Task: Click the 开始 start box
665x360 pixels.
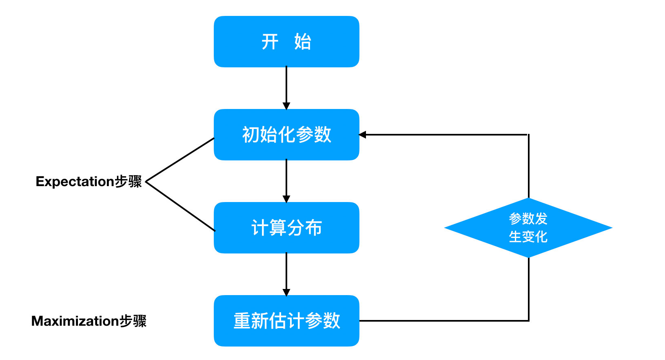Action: tap(286, 42)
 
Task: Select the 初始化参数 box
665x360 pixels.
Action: tap(286, 135)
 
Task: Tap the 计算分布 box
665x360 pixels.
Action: tap(286, 228)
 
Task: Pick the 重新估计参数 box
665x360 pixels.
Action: tap(286, 321)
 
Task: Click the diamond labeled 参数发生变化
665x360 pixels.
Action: tap(528, 228)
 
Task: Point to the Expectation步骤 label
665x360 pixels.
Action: tap(89, 181)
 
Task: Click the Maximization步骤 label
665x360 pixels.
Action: tap(89, 321)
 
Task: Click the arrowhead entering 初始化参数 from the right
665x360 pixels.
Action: tap(363, 135)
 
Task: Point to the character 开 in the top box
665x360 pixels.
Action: tap(270, 42)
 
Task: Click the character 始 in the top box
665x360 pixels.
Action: tap(303, 42)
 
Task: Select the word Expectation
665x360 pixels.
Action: tap(75, 181)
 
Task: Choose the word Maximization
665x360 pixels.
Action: tap(75, 321)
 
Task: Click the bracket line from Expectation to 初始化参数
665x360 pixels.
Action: tap(180, 160)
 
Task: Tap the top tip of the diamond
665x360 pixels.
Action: tap(528, 199)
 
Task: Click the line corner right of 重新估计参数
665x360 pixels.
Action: tap(529, 320)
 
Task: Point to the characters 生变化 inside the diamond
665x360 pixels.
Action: tap(528, 237)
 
